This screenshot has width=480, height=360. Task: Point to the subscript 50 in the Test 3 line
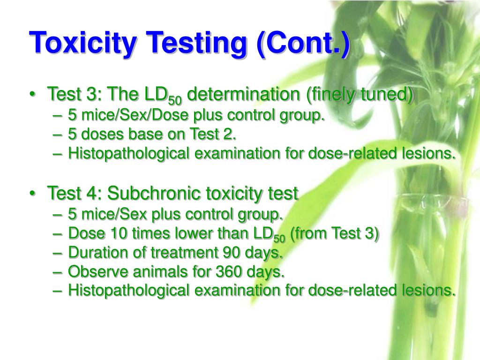pos(175,100)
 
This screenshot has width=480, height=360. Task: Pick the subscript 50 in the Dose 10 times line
pos(279,238)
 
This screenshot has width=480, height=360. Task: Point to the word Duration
pos(97,253)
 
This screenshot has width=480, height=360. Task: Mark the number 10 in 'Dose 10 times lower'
pos(113,233)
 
